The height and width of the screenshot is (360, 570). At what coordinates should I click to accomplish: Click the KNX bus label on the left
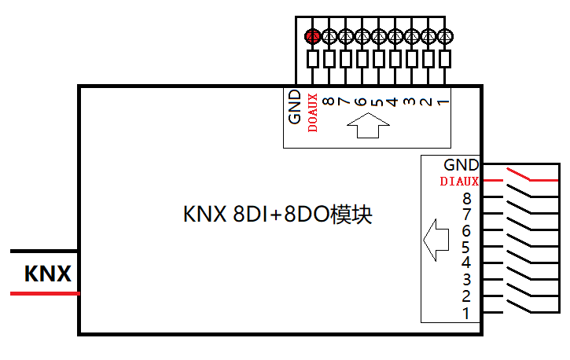click(48, 274)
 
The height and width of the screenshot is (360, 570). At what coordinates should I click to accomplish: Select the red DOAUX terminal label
click(312, 112)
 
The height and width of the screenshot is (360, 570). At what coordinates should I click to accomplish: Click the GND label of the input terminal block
click(461, 165)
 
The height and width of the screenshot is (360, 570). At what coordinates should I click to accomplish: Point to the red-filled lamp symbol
click(312, 35)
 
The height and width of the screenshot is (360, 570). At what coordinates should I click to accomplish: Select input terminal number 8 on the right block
click(467, 198)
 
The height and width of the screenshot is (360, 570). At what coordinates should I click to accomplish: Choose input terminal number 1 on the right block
click(467, 313)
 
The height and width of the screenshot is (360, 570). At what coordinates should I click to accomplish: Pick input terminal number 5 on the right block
click(467, 248)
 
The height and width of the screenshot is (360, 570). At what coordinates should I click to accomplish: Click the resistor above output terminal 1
click(445, 59)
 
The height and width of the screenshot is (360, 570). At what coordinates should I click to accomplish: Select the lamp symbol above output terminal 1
click(445, 35)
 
